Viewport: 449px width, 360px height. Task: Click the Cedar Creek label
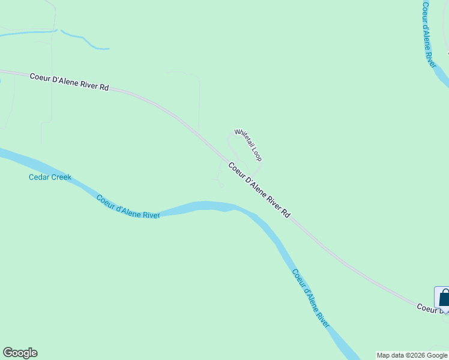pos(50,177)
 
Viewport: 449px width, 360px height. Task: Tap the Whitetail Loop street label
pos(248,145)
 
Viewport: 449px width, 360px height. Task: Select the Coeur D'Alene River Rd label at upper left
pos(69,82)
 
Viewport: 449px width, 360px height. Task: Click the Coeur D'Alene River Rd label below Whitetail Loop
pos(259,190)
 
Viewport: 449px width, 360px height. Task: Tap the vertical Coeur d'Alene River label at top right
pos(428,34)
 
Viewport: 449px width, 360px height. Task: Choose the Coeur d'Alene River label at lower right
pos(311,298)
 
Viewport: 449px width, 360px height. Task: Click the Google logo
pos(20,353)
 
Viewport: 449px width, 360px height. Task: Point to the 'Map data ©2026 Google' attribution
pos(412,355)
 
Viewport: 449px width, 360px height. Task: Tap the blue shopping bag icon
pos(444,298)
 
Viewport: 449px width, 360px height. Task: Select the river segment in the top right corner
pos(441,74)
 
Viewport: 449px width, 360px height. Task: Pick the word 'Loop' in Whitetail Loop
pos(256,155)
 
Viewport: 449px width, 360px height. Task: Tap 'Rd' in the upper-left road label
pos(104,88)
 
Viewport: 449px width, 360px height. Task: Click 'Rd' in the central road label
pos(286,212)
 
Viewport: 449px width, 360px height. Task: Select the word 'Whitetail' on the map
pos(243,139)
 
